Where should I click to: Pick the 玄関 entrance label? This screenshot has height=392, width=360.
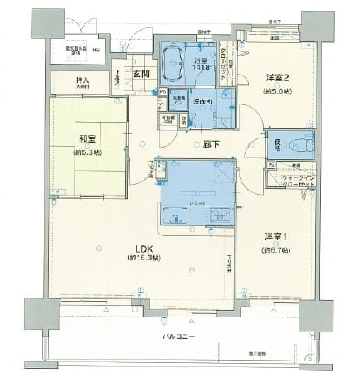(x=141, y=74)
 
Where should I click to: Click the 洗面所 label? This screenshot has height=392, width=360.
(x=202, y=101)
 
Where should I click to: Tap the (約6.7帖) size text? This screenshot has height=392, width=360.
(x=276, y=250)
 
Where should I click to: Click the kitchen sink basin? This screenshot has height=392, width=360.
(x=177, y=218)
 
